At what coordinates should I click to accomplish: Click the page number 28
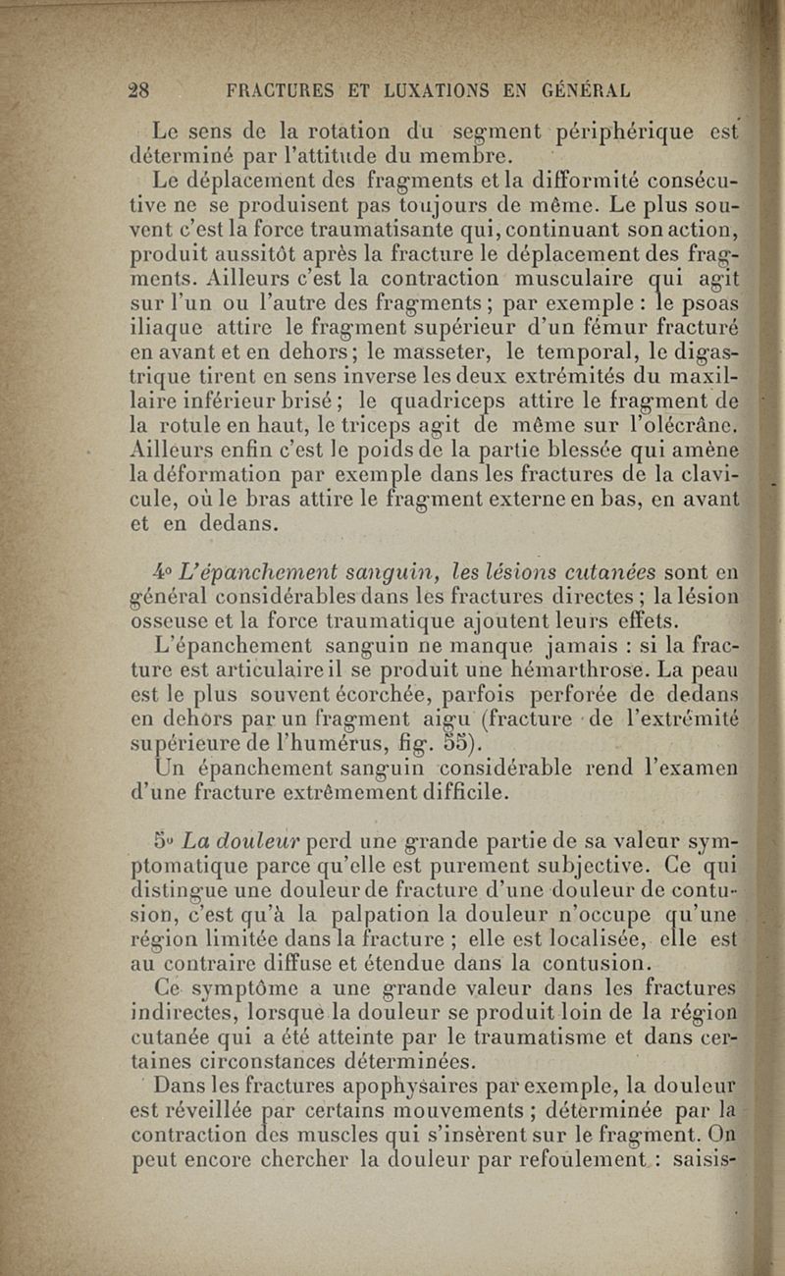(x=138, y=89)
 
